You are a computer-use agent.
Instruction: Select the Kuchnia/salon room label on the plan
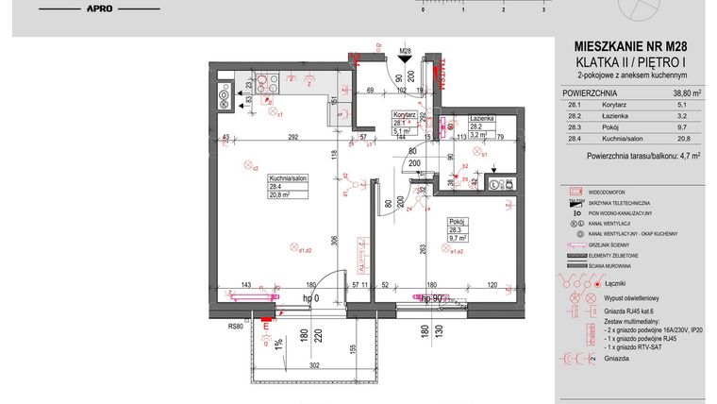click(287, 177)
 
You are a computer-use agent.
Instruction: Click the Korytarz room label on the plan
click(405, 113)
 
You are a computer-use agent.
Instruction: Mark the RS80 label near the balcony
click(235, 327)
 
